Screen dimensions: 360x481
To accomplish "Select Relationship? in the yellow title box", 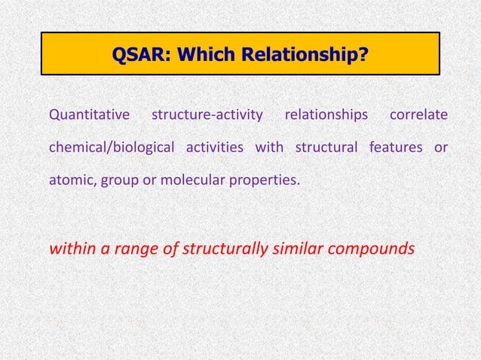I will pyautogui.click(x=301, y=53).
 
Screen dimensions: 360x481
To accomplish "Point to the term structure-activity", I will pyautogui.click(x=207, y=115).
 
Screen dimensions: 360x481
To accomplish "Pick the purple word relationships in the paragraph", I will pyautogui.click(x=326, y=115).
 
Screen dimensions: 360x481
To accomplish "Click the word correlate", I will pyautogui.click(x=418, y=115).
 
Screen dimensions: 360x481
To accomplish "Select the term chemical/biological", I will pyautogui.click(x=112, y=147).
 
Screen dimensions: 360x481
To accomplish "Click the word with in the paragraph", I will pyautogui.click(x=269, y=147).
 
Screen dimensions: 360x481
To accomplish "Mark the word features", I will pyautogui.click(x=397, y=147).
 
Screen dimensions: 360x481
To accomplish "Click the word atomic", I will pyautogui.click(x=70, y=180).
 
